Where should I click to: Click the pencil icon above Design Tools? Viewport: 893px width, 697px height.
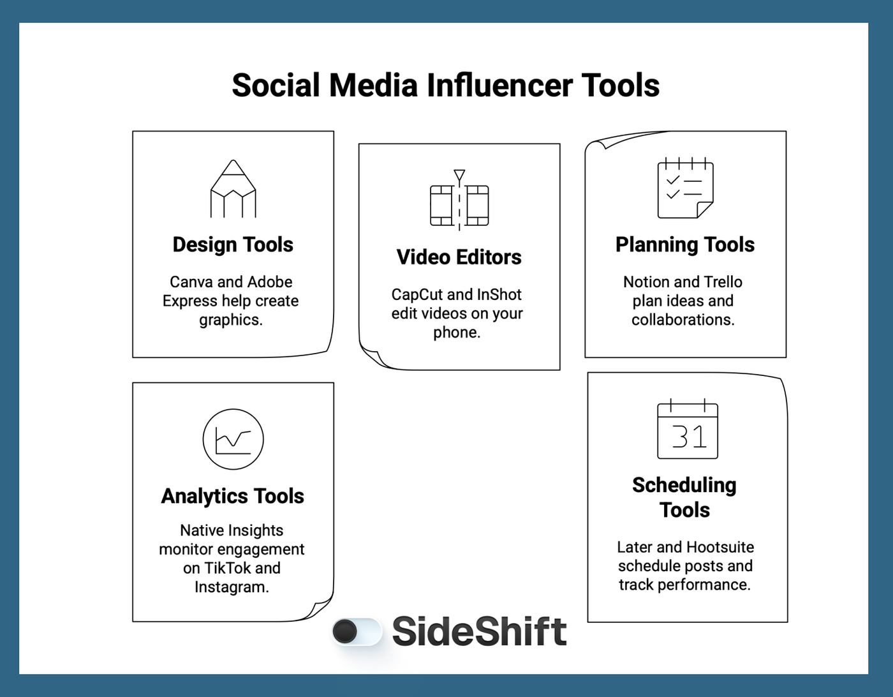233,189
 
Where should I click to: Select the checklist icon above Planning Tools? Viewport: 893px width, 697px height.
685,188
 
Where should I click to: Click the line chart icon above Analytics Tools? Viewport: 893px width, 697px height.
233,439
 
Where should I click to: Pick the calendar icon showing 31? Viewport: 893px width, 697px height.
688,430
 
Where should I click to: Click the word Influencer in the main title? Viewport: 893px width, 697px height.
499,86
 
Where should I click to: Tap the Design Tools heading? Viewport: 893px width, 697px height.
233,244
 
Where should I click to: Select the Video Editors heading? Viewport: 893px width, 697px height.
459,257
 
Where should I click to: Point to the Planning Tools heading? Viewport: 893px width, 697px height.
685,244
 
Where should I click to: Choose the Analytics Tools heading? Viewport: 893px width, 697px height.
233,496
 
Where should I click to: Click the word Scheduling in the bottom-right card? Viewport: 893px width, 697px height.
684,485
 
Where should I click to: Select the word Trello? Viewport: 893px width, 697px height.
723,282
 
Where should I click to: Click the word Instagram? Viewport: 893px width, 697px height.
232,587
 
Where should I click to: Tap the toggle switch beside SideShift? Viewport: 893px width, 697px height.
357,632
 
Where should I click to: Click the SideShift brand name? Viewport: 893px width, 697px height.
479,631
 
